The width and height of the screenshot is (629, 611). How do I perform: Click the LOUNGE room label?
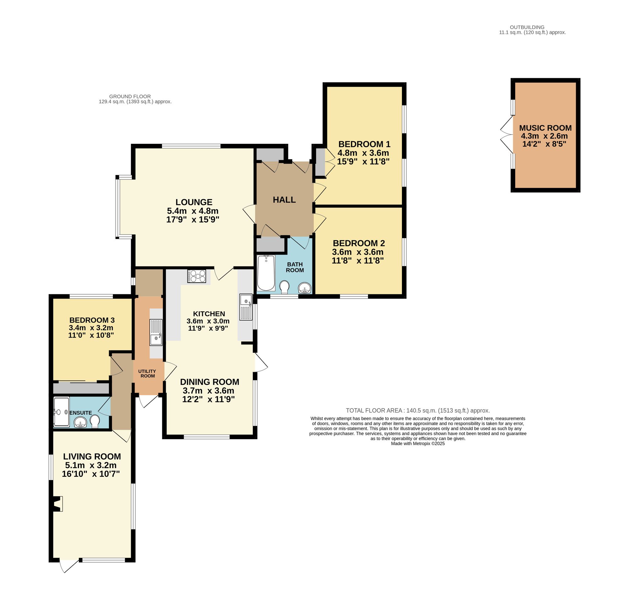[x=194, y=202]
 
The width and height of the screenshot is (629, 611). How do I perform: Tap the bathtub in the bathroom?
[x=266, y=273]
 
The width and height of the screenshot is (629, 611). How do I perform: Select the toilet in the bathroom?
[x=284, y=287]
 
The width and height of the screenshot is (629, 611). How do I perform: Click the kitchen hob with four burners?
[x=197, y=276]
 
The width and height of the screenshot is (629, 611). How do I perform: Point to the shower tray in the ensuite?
[x=61, y=412]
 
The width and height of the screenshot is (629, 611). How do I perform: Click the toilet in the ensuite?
[x=95, y=422]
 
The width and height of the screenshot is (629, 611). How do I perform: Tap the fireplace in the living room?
[x=57, y=504]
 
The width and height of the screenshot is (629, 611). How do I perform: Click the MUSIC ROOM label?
[x=545, y=128]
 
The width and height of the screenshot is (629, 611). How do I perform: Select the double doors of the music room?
[x=506, y=135]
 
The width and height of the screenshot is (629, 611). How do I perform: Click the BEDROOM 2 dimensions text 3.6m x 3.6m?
[x=358, y=252]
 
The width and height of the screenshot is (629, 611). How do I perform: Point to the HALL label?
[x=284, y=200]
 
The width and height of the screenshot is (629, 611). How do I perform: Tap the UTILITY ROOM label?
[x=148, y=374]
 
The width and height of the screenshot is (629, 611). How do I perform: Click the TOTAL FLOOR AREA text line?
[x=417, y=411]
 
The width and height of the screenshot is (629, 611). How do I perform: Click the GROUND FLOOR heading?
[x=130, y=96]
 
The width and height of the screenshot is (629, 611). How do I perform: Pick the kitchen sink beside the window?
[x=246, y=307]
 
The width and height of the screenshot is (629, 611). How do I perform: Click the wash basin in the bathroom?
[x=304, y=288]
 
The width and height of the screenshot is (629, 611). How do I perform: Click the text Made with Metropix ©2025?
[x=417, y=444]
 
